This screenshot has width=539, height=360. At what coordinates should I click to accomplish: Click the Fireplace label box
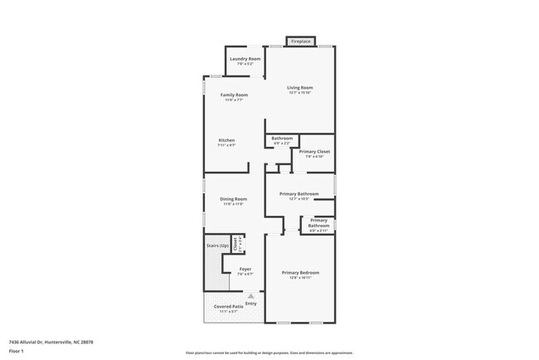pos(299,41)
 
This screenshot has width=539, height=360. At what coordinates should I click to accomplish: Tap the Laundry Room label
pos(245,59)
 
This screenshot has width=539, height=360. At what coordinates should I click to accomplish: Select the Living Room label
pos(299,87)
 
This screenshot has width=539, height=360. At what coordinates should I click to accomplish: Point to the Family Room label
pos(234,95)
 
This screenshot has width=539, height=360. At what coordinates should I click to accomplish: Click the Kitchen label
pos(226,140)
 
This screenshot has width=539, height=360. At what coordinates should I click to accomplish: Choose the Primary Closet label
pos(314,152)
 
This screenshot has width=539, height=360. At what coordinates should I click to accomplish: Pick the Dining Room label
pos(233,199)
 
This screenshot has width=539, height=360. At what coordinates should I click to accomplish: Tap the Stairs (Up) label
pos(217,246)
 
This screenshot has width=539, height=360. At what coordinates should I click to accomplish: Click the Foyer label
pos(245,270)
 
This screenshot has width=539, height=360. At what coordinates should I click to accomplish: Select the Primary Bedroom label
pos(300,273)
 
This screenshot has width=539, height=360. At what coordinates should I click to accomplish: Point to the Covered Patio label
pos(227,307)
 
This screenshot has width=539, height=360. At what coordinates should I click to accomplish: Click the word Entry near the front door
pos(250,304)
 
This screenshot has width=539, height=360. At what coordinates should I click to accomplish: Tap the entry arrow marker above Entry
pos(250,296)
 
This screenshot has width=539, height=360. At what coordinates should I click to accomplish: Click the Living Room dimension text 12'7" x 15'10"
pos(299,92)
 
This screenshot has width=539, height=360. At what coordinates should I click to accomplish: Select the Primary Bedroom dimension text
pos(300,278)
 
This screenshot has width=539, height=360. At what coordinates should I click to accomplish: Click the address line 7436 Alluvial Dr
pos(51,342)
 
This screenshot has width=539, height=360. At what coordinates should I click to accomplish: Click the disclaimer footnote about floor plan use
pos(269,353)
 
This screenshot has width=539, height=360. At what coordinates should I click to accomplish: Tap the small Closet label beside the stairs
pos(236,244)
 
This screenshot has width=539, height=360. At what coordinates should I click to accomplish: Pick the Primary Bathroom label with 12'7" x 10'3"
pos(299,194)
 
